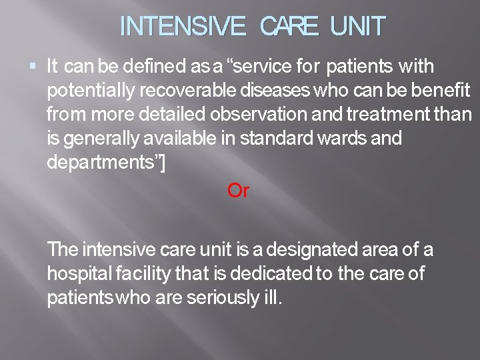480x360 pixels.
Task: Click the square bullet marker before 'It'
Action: tap(33, 66)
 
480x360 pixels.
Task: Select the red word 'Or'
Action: tap(238, 191)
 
